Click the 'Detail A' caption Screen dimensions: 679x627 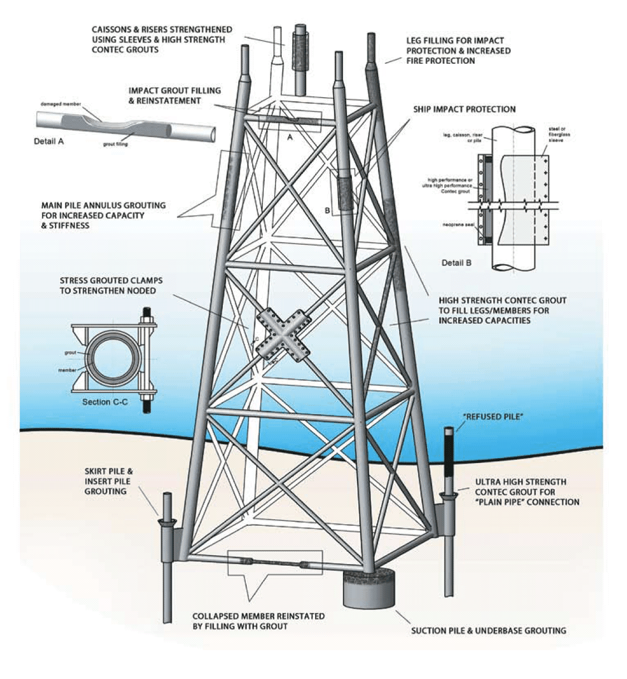pyautogui.click(x=49, y=141)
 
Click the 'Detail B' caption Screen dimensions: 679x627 pyautogui.click(x=456, y=262)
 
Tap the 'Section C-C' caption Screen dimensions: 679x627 pyautogui.click(x=105, y=401)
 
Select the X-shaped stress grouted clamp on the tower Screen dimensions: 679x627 pyautogui.click(x=283, y=335)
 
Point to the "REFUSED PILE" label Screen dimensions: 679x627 pyautogui.click(x=493, y=417)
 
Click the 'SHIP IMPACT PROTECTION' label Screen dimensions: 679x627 pyautogui.click(x=464, y=109)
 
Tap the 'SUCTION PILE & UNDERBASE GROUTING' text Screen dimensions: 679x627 pyautogui.click(x=489, y=630)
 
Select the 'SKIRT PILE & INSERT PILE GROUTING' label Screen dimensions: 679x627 pyautogui.click(x=109, y=481)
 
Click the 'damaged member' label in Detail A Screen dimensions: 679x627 pyautogui.click(x=58, y=104)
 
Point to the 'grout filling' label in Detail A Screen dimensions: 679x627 pyautogui.click(x=116, y=144)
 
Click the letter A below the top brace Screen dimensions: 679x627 pyautogui.click(x=290, y=138)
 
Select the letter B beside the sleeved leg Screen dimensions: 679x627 pyautogui.click(x=328, y=210)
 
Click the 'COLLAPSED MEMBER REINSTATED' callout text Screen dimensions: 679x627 pyautogui.click(x=258, y=621)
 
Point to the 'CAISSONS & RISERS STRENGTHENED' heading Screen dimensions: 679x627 pyautogui.click(x=162, y=39)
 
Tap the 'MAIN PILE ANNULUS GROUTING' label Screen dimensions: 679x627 pyautogui.click(x=103, y=215)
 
